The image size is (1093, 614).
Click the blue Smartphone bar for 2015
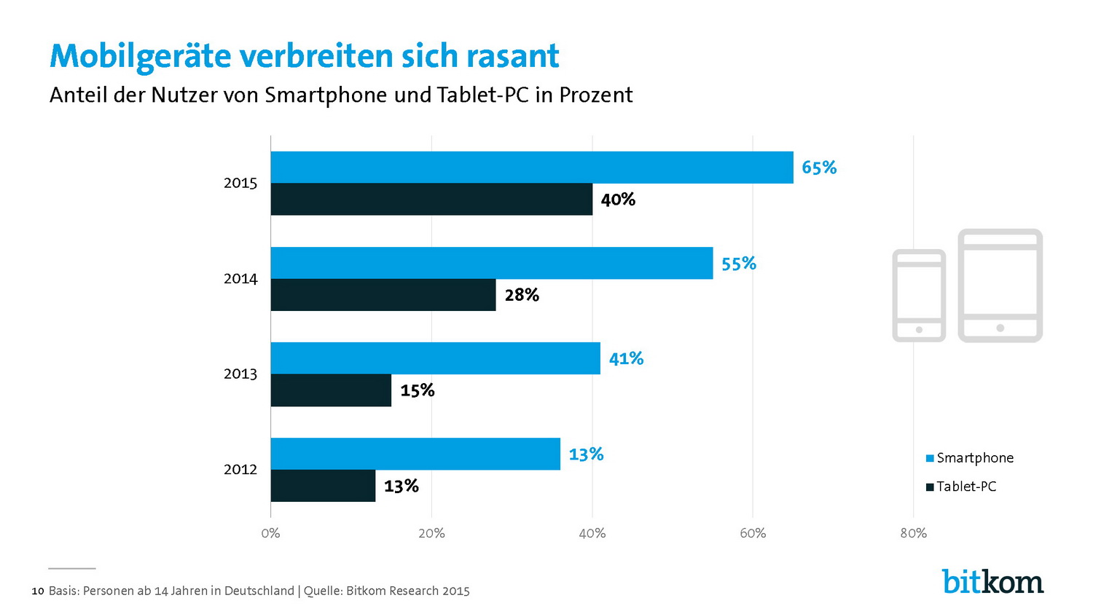click(x=532, y=168)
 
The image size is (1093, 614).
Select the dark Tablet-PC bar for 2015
click(x=431, y=200)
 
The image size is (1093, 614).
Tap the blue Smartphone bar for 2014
click(x=492, y=263)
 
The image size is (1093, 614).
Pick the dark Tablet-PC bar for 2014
click(x=383, y=295)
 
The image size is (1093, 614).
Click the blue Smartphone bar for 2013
click(x=436, y=358)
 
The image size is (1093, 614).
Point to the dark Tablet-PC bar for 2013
click(x=331, y=390)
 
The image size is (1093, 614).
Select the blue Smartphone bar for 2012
click(x=415, y=454)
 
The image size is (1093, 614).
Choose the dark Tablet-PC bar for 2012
click(x=323, y=486)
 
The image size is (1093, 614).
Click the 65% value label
click(x=819, y=168)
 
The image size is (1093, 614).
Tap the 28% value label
click(x=522, y=295)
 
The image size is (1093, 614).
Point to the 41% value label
click(x=626, y=358)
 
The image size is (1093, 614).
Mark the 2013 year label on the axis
click(x=240, y=374)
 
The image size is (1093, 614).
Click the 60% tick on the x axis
click(x=753, y=533)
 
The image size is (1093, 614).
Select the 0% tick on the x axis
click(x=270, y=533)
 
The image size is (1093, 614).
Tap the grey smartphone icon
click(x=919, y=295)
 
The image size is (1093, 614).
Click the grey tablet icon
click(x=1000, y=286)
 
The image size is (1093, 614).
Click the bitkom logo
click(x=992, y=581)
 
